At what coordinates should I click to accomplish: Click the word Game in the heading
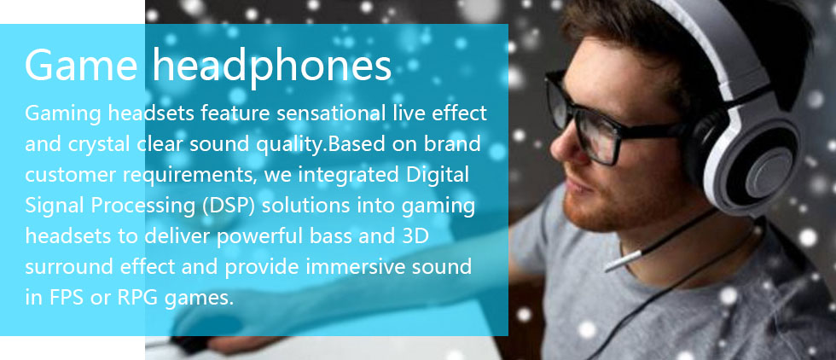(80, 65)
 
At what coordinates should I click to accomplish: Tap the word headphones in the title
(272, 67)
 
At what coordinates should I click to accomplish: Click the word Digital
(436, 175)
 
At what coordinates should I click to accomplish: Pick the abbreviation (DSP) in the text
(229, 206)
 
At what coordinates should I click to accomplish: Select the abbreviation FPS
(65, 298)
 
